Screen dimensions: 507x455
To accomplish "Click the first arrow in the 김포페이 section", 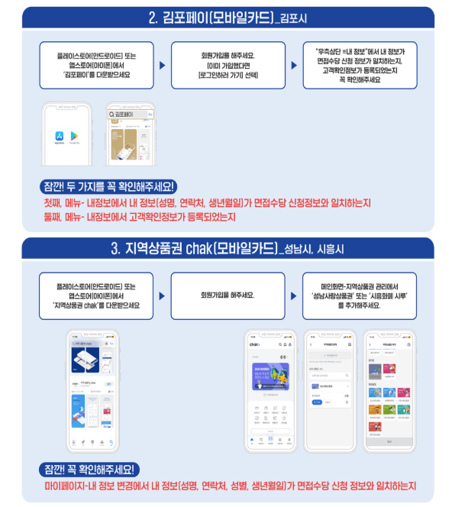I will pyautogui.click(x=162, y=66).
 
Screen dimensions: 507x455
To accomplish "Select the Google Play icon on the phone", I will pyautogui.click(x=75, y=135).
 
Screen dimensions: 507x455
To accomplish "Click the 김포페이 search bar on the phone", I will pyautogui.click(x=129, y=115).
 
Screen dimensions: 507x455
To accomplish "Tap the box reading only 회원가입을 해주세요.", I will pyautogui.click(x=226, y=294).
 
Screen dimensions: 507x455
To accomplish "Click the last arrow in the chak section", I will pyautogui.click(x=292, y=294).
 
